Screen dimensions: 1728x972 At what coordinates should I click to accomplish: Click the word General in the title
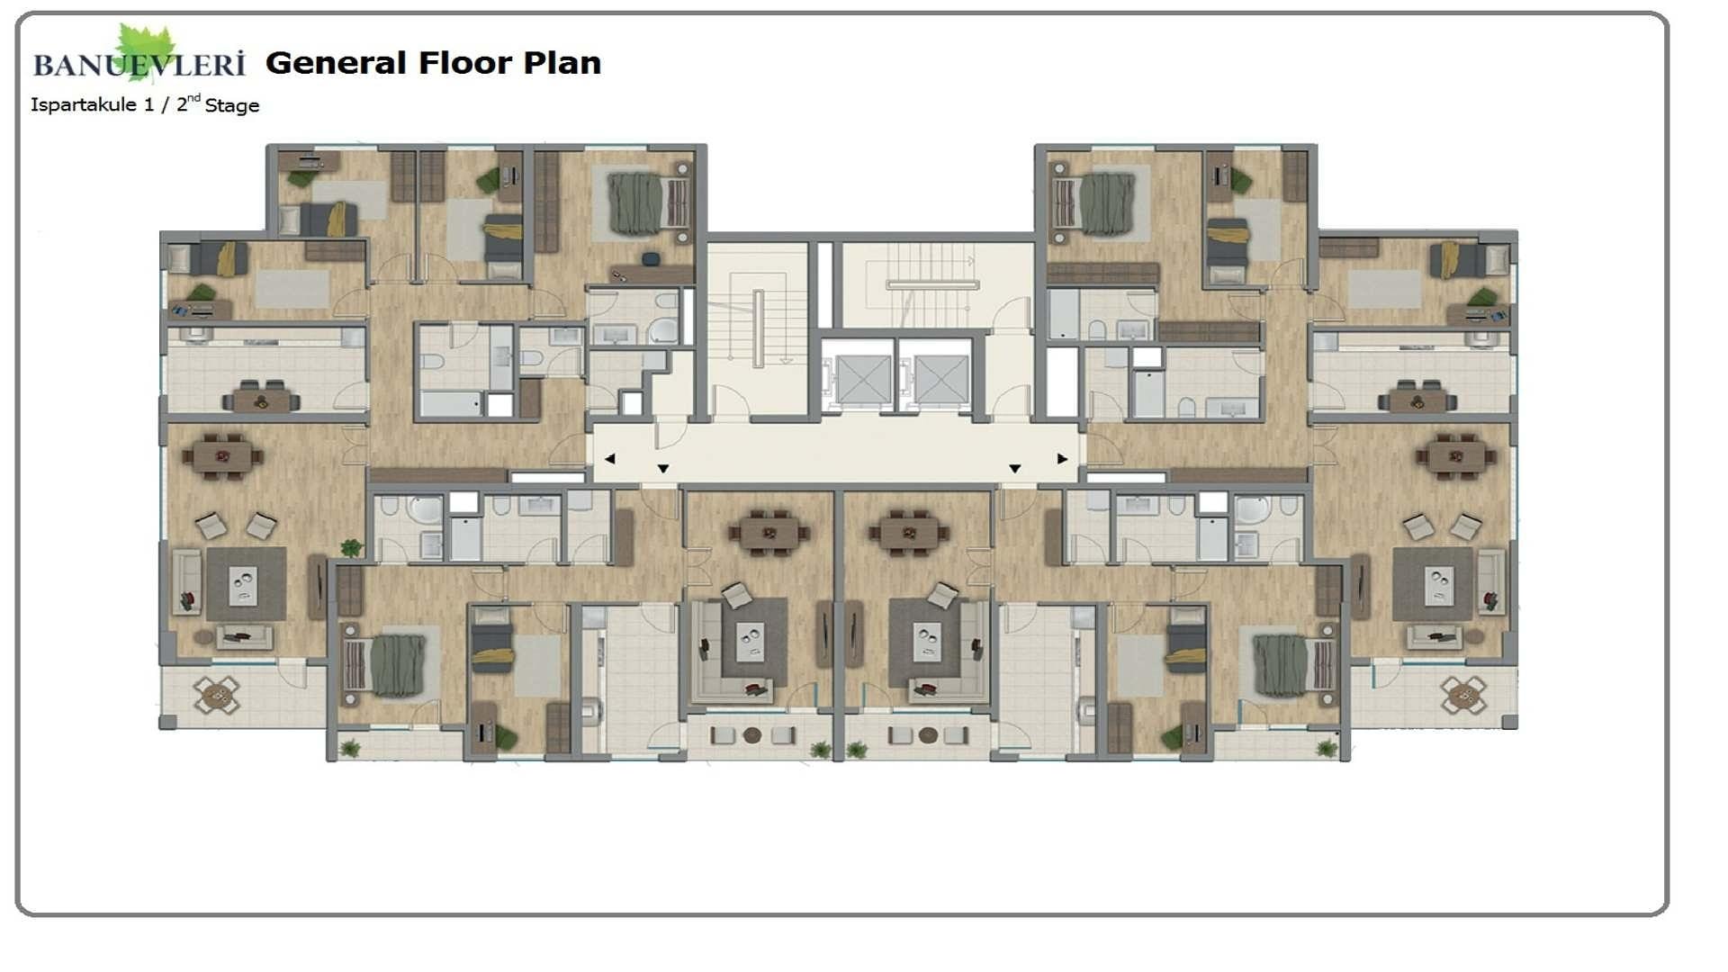tap(337, 63)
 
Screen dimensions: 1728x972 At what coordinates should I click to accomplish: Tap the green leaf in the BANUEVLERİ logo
tap(146, 50)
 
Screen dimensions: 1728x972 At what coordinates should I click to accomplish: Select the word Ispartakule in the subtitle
tap(84, 105)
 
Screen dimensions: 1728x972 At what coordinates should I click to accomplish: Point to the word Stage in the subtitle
tap(232, 106)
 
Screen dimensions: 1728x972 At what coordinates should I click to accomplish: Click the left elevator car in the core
tap(861, 378)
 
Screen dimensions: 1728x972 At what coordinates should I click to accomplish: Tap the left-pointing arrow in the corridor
tap(609, 459)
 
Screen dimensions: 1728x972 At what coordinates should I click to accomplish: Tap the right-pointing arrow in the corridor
tap(1062, 459)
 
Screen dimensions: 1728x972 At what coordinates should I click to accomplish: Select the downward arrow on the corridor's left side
tap(663, 469)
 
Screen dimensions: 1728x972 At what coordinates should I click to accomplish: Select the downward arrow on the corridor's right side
tap(1014, 469)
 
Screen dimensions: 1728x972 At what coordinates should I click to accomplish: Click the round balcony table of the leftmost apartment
tap(217, 694)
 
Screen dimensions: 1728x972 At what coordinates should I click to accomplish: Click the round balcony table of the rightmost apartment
tap(1463, 694)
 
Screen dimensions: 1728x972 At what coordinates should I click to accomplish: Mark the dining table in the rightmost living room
tap(1456, 455)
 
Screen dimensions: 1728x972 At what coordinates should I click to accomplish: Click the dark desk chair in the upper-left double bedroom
tap(651, 259)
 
